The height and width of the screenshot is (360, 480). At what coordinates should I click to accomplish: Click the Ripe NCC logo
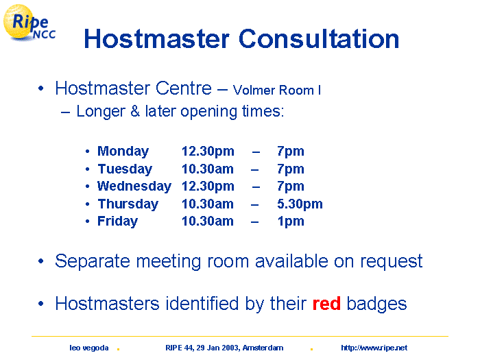pyautogui.click(x=29, y=23)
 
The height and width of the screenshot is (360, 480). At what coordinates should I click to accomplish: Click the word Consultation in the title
pyautogui.click(x=319, y=39)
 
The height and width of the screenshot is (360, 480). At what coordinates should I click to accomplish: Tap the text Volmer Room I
pyautogui.click(x=277, y=91)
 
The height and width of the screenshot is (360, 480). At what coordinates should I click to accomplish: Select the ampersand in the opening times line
pyautogui.click(x=135, y=111)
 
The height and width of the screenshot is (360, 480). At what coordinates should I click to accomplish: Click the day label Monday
pyautogui.click(x=123, y=152)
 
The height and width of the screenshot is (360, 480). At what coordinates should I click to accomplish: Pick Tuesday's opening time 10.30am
pyautogui.click(x=208, y=169)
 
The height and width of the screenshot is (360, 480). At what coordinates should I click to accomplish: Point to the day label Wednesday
pyautogui.click(x=134, y=187)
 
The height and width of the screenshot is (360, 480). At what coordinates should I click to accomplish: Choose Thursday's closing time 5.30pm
pyautogui.click(x=300, y=204)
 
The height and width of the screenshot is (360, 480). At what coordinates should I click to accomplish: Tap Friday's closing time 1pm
pyautogui.click(x=291, y=221)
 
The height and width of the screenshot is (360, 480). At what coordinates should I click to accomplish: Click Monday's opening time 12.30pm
pyautogui.click(x=208, y=152)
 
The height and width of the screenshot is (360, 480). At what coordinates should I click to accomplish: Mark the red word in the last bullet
pyautogui.click(x=326, y=303)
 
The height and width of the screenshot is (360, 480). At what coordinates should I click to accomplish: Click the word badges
pyautogui.click(x=376, y=304)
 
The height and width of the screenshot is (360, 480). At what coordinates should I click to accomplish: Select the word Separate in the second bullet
pyautogui.click(x=93, y=262)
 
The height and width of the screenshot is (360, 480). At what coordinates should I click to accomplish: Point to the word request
pyautogui.click(x=392, y=263)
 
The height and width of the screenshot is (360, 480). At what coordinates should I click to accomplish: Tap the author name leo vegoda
pyautogui.click(x=88, y=348)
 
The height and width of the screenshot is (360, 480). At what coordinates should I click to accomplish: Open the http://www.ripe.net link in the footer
pyautogui.click(x=374, y=348)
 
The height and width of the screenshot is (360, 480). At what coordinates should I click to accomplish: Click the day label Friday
pyautogui.click(x=117, y=221)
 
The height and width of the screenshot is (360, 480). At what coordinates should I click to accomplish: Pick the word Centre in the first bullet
pyautogui.click(x=183, y=88)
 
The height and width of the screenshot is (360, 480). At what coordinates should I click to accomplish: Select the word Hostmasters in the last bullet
pyautogui.click(x=107, y=304)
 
